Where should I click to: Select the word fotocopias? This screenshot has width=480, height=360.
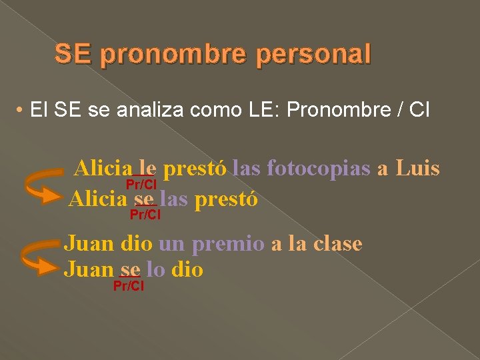(318, 168)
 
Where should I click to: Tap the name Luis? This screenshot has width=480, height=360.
(417, 168)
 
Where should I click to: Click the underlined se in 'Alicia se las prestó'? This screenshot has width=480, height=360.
(144, 199)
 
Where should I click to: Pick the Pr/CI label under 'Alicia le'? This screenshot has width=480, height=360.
(141, 185)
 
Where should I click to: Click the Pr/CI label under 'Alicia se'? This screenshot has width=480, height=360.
(145, 215)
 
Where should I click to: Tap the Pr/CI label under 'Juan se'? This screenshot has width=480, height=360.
(129, 286)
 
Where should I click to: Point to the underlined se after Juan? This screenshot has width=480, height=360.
(129, 270)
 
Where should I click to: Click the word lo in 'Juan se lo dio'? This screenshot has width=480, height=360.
(154, 270)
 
